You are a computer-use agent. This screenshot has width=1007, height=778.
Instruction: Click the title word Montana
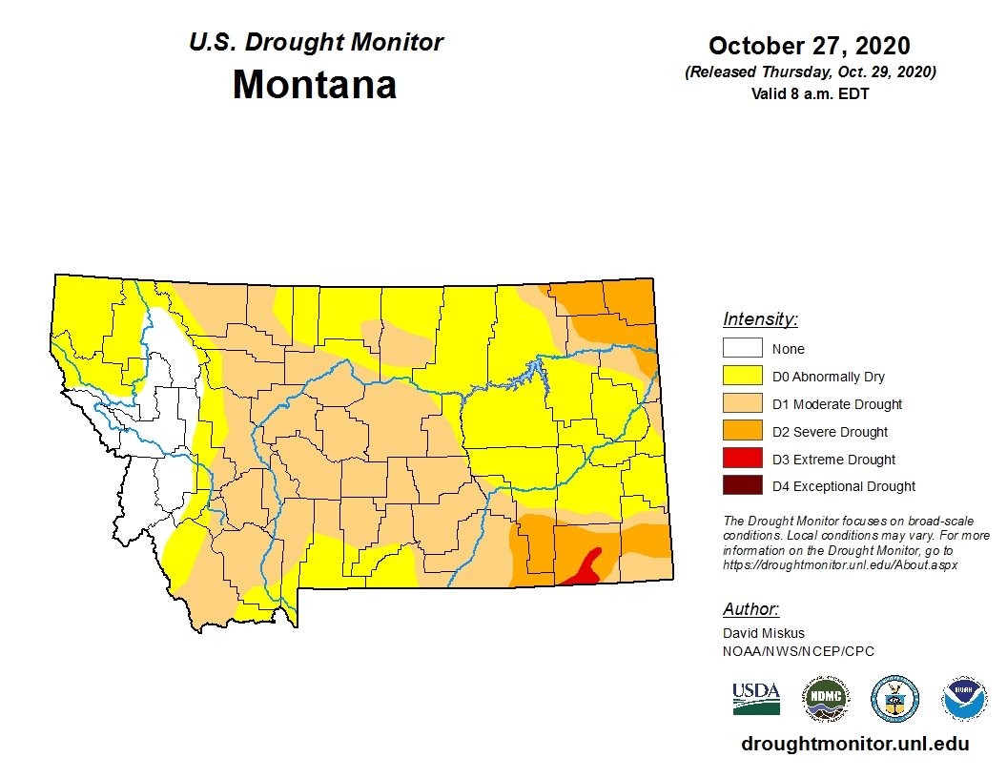pyautogui.click(x=315, y=85)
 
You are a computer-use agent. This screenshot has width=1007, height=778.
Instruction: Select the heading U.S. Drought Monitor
pyautogui.click(x=316, y=43)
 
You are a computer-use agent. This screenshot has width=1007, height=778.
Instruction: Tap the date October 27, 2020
pyautogui.click(x=809, y=46)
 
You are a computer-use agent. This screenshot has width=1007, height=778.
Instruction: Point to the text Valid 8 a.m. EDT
pyautogui.click(x=810, y=92)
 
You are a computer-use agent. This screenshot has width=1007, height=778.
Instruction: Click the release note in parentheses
pyautogui.click(x=810, y=72)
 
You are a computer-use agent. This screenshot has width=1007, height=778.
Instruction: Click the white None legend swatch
pyautogui.click(x=742, y=349)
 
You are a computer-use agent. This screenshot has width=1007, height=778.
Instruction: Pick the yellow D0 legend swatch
pyautogui.click(x=742, y=377)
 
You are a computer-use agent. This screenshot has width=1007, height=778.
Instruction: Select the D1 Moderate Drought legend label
pyautogui.click(x=837, y=404)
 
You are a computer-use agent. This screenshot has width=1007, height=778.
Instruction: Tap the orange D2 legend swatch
pyautogui.click(x=742, y=432)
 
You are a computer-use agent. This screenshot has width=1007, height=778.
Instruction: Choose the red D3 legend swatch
pyautogui.click(x=742, y=459)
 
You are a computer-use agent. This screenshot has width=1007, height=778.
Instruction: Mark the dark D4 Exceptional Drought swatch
pyautogui.click(x=742, y=486)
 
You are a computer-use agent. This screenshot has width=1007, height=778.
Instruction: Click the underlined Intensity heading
pyautogui.click(x=760, y=319)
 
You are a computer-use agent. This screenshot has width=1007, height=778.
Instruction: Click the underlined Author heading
pyautogui.click(x=750, y=609)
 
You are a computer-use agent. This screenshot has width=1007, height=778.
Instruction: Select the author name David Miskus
pyautogui.click(x=764, y=633)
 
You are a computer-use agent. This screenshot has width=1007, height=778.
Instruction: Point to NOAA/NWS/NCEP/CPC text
pyautogui.click(x=798, y=651)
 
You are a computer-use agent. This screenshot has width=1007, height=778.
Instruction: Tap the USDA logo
pyautogui.click(x=756, y=698)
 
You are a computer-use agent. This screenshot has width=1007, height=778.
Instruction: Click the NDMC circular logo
pyautogui.click(x=825, y=699)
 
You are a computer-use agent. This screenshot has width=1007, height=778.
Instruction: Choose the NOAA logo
pyautogui.click(x=964, y=699)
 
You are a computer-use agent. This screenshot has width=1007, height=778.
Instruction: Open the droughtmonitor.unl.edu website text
pyautogui.click(x=854, y=745)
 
